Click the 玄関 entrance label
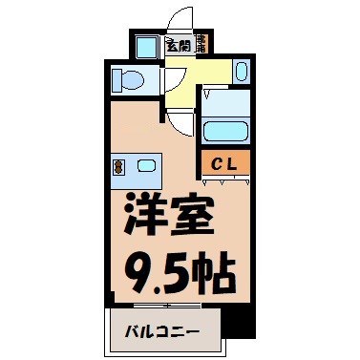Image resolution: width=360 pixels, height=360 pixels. [x=178, y=44]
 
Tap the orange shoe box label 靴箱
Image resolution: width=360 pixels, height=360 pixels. [x=202, y=44]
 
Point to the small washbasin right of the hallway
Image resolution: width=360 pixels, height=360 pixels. [x=241, y=71]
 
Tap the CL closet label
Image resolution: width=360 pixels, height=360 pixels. [x=225, y=162]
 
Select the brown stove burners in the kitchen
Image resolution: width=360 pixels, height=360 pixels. [x=118, y=166]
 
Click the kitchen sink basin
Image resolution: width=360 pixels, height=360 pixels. [x=146, y=166]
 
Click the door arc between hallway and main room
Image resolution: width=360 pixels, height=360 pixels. [x=179, y=120]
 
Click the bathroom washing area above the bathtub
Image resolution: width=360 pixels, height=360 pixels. [x=226, y=101]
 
